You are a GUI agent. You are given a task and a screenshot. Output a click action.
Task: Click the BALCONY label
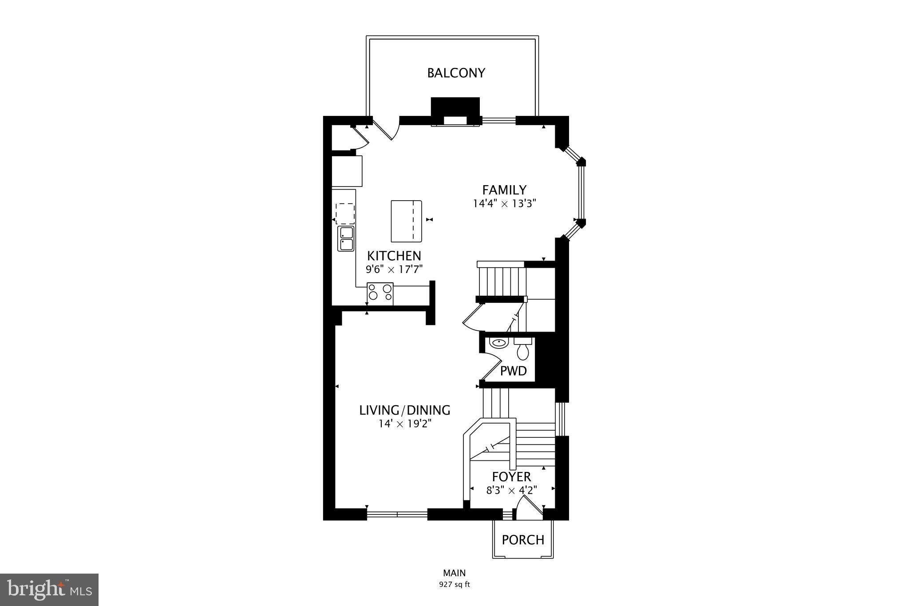click(456, 73)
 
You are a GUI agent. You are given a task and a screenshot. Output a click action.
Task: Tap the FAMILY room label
click(504, 190)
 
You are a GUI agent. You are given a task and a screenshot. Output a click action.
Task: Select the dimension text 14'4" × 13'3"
click(505, 204)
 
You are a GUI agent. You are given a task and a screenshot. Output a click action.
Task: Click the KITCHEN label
click(394, 256)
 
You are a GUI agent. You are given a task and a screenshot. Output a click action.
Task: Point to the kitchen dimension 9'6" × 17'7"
click(394, 269)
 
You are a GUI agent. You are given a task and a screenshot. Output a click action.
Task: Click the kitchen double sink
click(346, 238)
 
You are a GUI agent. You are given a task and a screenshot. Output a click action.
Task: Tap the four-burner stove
click(380, 294)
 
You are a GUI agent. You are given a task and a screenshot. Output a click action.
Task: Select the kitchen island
click(406, 221)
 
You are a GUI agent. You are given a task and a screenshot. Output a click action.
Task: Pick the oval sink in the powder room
click(498, 343)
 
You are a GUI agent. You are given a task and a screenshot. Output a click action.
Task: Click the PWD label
click(513, 371)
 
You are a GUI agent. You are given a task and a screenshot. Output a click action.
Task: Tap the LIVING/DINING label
click(405, 410)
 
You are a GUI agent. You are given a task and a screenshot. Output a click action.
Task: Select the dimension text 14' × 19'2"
click(405, 424)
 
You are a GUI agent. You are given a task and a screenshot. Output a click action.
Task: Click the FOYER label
click(511, 477)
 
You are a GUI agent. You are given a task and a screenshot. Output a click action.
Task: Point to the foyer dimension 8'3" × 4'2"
click(511, 490)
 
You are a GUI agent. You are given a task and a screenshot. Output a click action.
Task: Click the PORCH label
click(523, 540)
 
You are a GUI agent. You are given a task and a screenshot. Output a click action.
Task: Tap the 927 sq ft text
click(454, 585)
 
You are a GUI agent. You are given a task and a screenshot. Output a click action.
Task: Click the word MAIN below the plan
click(454, 573)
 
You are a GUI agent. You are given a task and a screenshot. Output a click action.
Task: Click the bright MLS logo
click(49, 590)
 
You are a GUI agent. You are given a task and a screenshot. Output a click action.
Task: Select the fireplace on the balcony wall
click(455, 111)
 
